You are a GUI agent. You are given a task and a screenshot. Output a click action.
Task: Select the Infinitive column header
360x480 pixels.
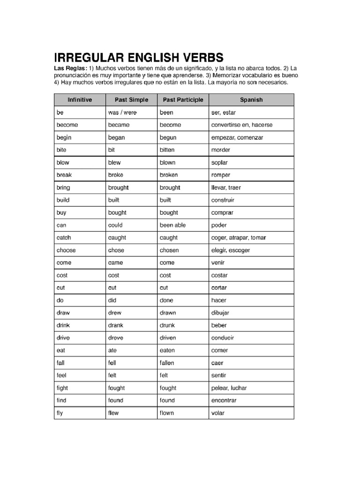[80, 100]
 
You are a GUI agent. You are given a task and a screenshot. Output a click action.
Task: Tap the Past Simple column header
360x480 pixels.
[131, 100]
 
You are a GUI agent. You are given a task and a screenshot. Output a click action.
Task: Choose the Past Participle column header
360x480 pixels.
[183, 100]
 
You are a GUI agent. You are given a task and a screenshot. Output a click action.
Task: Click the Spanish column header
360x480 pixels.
[251, 100]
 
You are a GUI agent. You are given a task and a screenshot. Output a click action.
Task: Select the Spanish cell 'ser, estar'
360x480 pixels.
[224, 113]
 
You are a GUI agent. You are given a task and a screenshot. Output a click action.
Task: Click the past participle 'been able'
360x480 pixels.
[172, 225]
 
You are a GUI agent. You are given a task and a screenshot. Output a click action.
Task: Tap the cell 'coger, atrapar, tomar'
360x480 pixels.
[239, 238]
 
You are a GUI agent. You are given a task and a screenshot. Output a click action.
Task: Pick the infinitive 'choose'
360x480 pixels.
[66, 250]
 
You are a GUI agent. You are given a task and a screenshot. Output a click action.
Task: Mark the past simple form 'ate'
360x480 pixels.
[112, 351]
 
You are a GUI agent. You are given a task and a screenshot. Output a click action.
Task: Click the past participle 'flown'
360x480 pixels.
[167, 413]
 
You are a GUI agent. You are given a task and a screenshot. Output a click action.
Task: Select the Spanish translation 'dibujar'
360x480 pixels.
[222, 313]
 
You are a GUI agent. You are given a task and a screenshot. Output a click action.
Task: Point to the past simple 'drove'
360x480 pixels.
[116, 338]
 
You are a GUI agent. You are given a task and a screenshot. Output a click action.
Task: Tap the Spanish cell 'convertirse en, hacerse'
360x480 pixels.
[242, 125]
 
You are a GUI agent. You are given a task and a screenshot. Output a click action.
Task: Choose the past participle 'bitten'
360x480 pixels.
[167, 150]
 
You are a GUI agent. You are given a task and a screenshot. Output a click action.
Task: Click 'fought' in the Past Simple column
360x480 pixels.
[117, 388]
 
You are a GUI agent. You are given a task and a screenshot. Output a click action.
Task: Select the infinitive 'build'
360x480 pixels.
[63, 200]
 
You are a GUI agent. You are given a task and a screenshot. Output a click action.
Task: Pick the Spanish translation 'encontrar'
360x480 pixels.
[224, 401]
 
